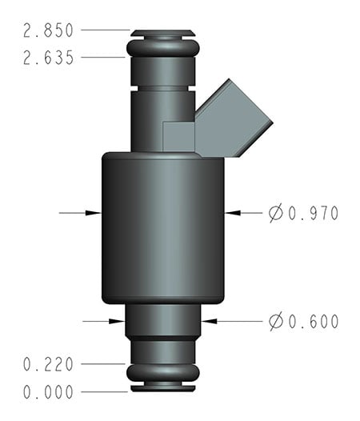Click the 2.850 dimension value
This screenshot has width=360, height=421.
(49, 31)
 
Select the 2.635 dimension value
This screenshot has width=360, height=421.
(49, 58)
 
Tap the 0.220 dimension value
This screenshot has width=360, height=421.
(49, 365)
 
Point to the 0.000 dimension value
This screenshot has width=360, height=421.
(49, 392)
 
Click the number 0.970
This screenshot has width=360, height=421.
(313, 213)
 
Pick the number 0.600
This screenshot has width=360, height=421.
(313, 322)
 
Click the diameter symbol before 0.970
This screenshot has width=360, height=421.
(276, 213)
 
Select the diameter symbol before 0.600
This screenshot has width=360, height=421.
(276, 322)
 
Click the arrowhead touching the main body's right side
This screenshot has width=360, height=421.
(230, 213)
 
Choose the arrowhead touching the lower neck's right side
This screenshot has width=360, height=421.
(207, 322)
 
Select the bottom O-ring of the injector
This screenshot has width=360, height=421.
(162, 373)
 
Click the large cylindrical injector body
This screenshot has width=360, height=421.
(162, 228)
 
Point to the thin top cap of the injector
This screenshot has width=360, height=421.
(162, 34)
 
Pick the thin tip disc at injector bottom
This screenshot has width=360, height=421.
(162, 390)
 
